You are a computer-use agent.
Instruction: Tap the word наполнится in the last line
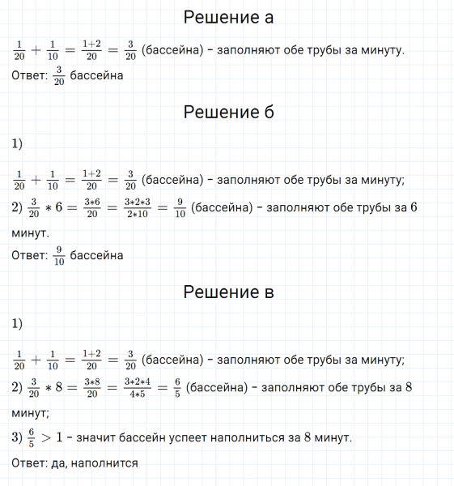point(105,464)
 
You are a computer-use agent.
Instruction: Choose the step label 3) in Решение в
point(17,437)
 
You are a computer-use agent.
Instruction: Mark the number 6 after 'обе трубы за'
point(413,207)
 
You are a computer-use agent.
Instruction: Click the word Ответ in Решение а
point(28,76)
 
